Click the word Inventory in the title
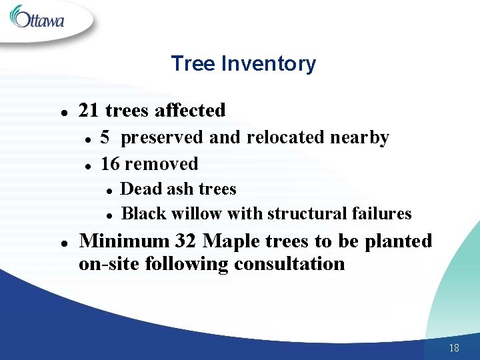click(x=268, y=64)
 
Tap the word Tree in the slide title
click(x=193, y=64)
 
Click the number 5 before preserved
click(x=105, y=137)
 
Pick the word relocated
click(x=286, y=137)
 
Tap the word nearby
click(x=360, y=137)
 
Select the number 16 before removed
click(x=110, y=163)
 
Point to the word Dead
click(x=141, y=189)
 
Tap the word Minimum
click(x=125, y=241)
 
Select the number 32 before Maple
click(x=186, y=241)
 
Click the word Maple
click(x=230, y=241)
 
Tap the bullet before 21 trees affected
click(x=61, y=111)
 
